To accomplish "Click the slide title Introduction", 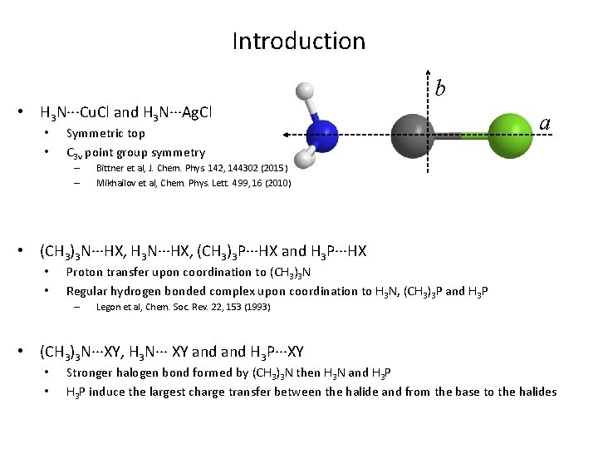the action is click(298, 41).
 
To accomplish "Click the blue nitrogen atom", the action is click(322, 134).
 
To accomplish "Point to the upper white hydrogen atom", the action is click(306, 91).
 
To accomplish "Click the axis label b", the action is click(440, 87).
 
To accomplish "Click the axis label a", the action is click(545, 123).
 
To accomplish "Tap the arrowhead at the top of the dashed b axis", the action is click(429, 72).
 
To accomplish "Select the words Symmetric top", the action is click(105, 133).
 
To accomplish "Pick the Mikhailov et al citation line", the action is click(194, 182).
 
